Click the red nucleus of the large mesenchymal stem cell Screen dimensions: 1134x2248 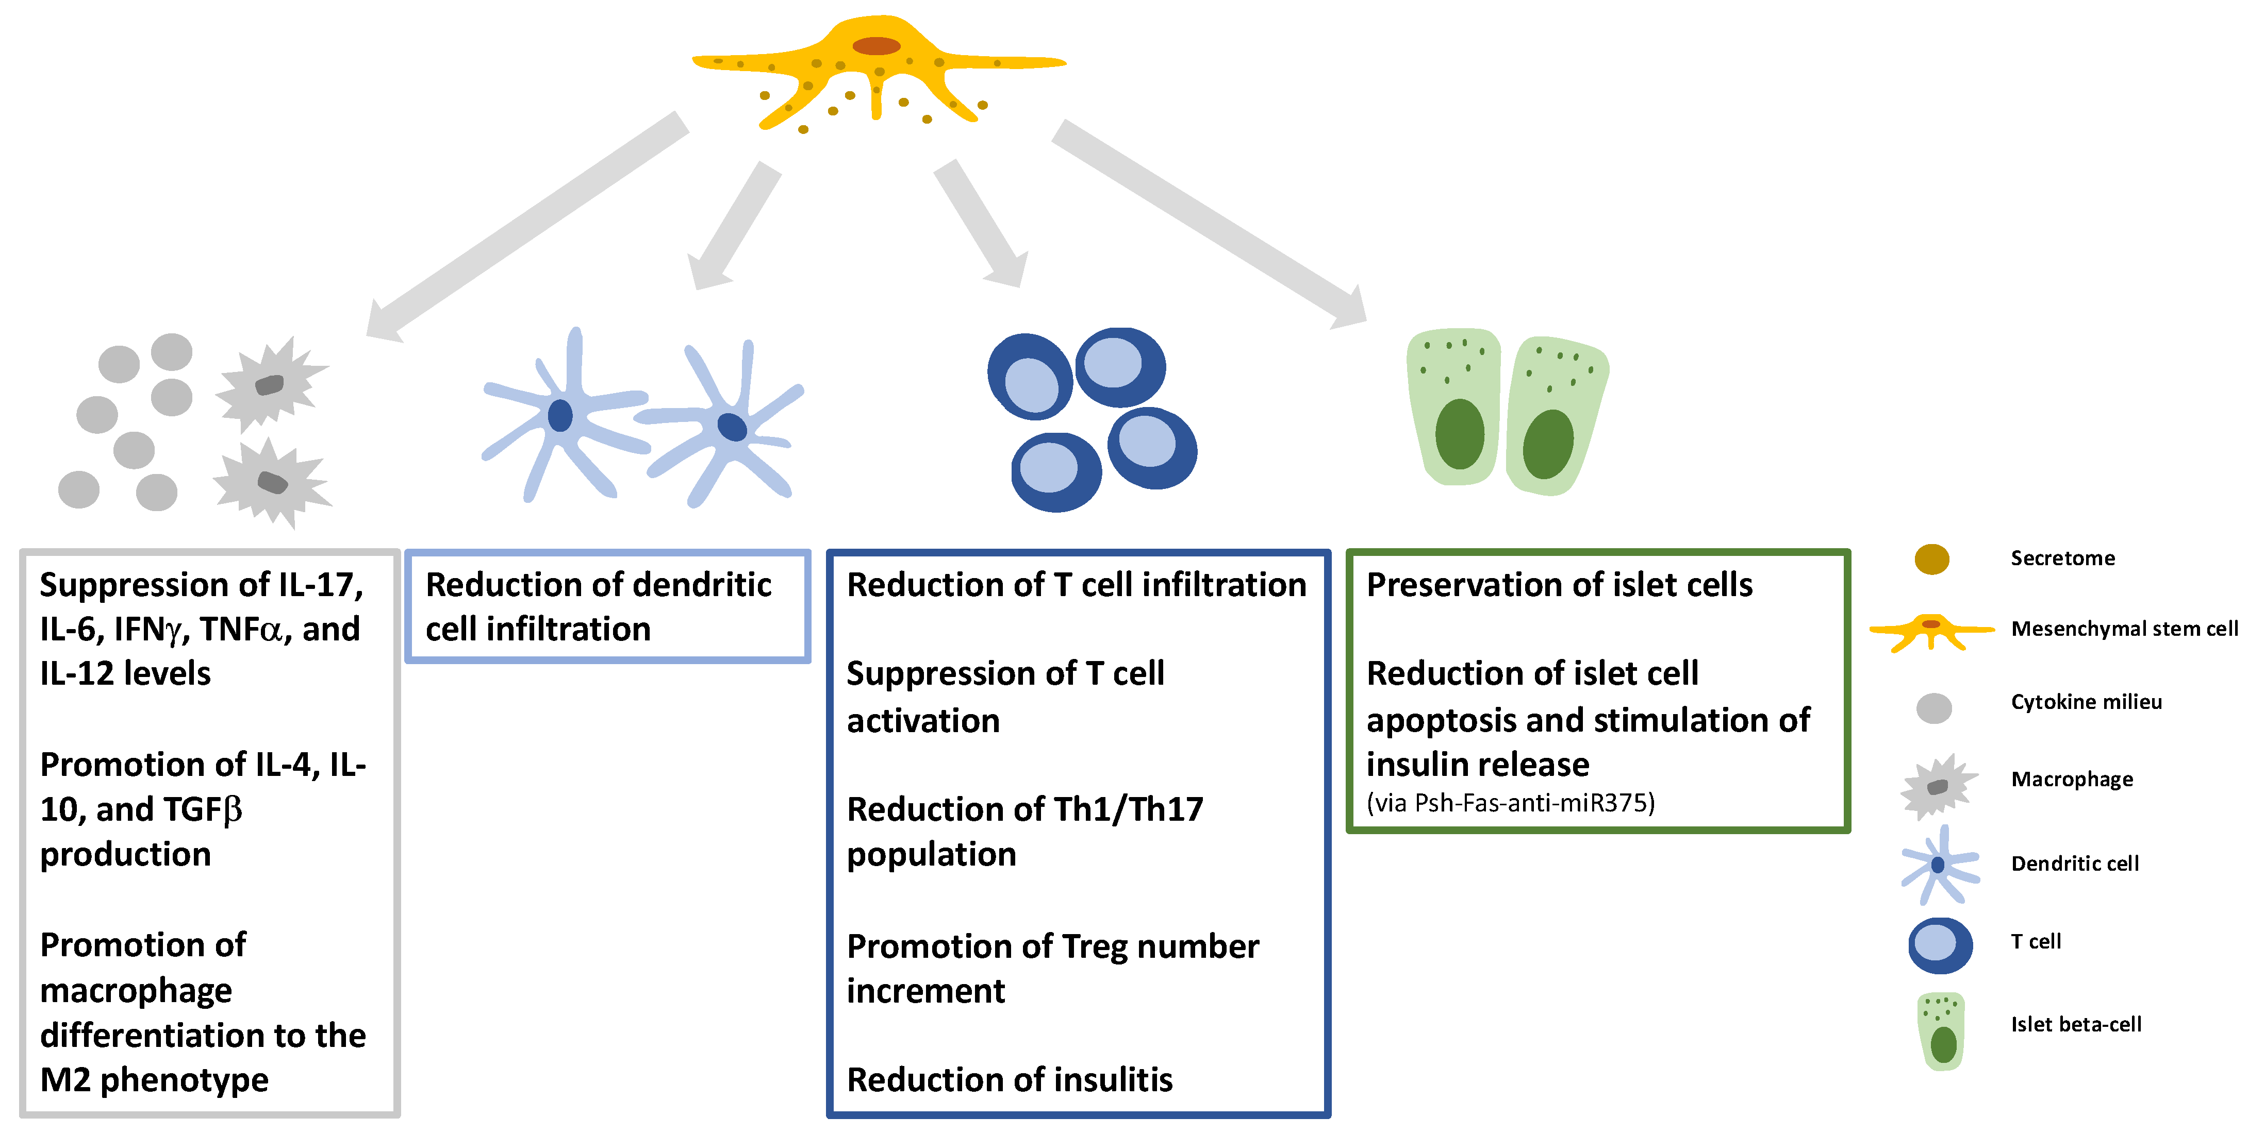[876, 45]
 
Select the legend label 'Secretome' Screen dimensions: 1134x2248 [2062, 558]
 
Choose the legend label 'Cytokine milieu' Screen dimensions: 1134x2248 [2086, 702]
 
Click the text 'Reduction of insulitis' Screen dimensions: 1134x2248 [1010, 1080]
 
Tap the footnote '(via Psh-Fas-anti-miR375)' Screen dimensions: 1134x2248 [1510, 803]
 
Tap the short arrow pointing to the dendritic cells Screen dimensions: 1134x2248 [733, 227]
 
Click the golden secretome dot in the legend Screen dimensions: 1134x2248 [1931, 559]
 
